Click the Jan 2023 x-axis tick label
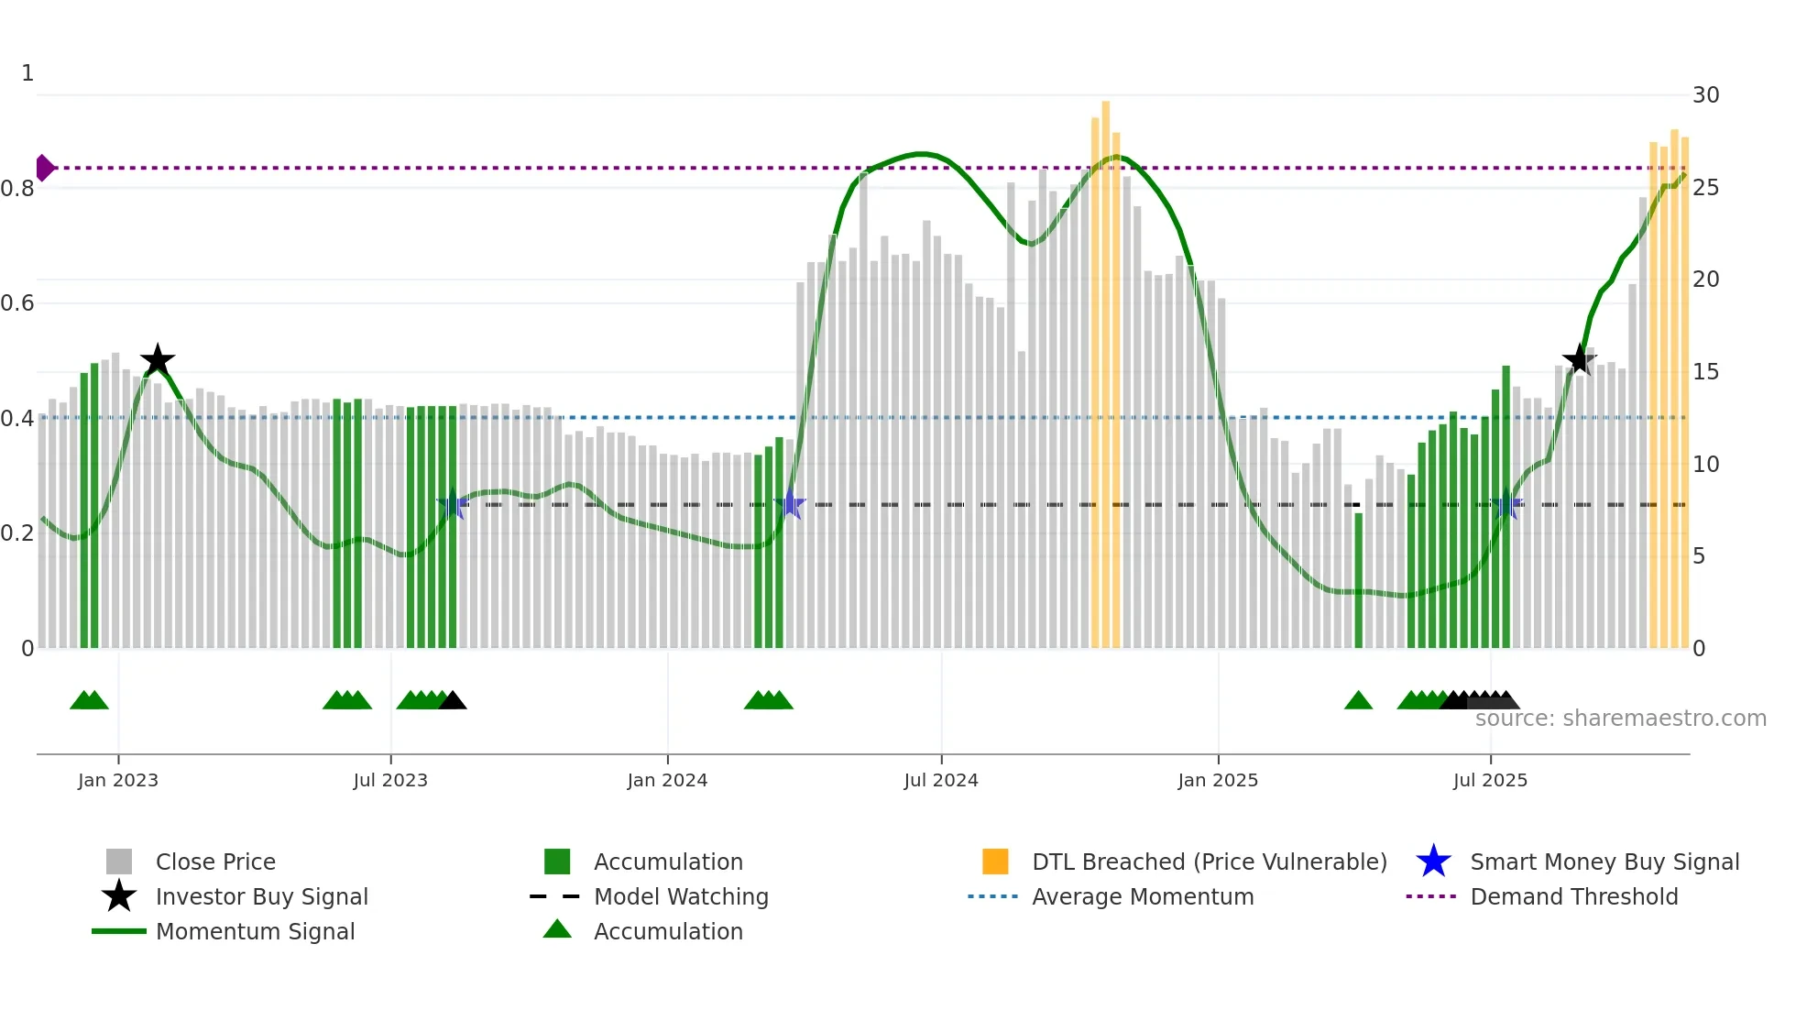click(x=118, y=780)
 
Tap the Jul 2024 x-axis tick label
click(x=941, y=780)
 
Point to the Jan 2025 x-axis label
click(x=1218, y=780)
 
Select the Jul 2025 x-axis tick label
click(x=1490, y=780)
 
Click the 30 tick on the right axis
click(x=1705, y=95)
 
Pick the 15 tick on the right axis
click(x=1705, y=372)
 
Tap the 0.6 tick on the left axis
click(x=18, y=303)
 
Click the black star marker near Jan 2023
click(x=158, y=360)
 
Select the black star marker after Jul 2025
click(x=1579, y=359)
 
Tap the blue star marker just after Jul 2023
click(x=453, y=504)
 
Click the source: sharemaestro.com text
click(x=1620, y=719)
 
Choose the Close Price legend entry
click(x=215, y=862)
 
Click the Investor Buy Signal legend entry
click(x=261, y=896)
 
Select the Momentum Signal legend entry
click(x=255, y=931)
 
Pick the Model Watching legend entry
click(x=681, y=896)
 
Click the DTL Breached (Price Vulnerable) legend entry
click(x=1209, y=862)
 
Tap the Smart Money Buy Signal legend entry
click(x=1604, y=862)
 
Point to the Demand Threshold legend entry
click(x=1573, y=896)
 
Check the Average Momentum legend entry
click(x=1142, y=896)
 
